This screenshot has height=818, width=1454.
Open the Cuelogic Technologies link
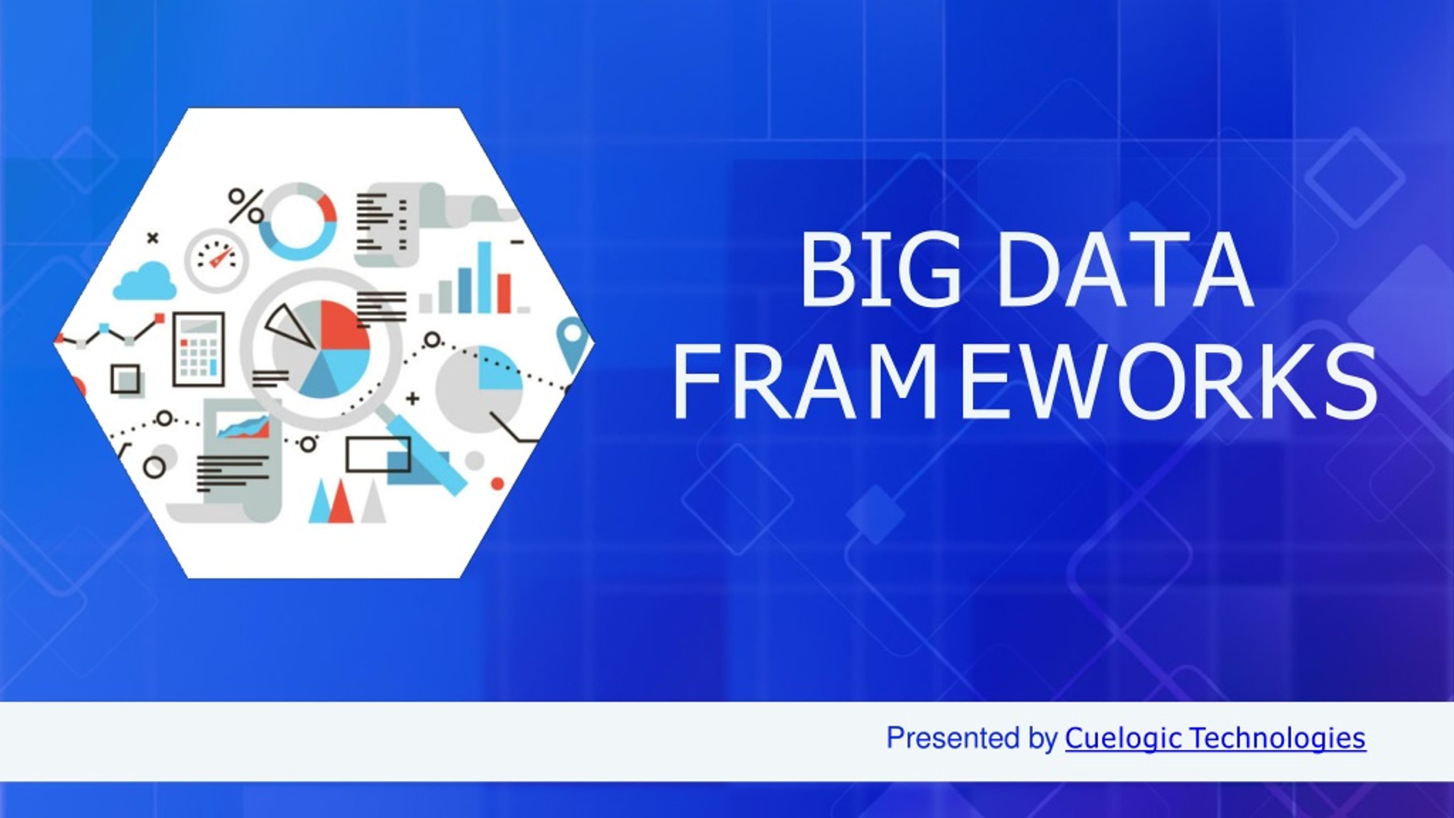click(1215, 738)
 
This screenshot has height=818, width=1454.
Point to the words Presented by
click(972, 738)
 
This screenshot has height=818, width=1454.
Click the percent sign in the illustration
click(246, 205)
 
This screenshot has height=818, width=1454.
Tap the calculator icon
click(198, 349)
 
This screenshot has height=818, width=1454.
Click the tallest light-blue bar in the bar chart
click(484, 277)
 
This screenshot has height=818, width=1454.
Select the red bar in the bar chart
click(504, 293)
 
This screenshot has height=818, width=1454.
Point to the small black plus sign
click(413, 399)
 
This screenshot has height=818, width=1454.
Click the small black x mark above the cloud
click(152, 239)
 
